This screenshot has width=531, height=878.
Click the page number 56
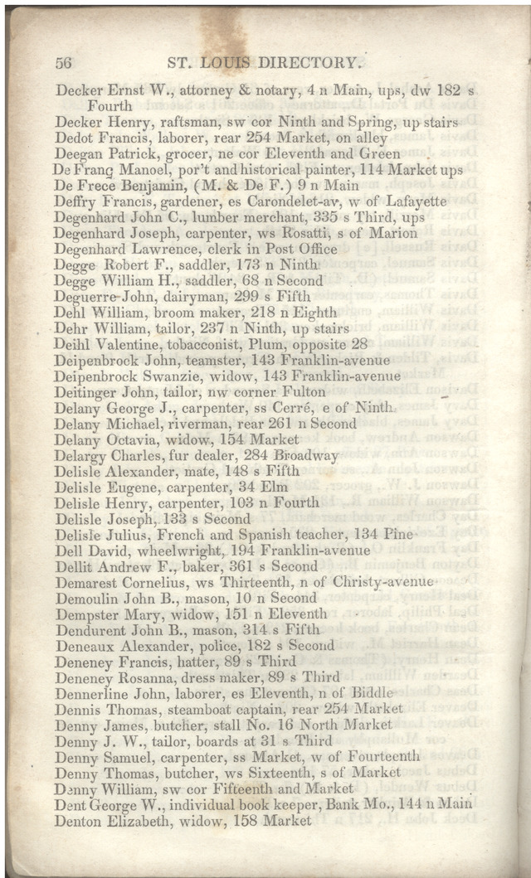[x=64, y=63]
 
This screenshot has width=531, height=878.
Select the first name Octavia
[x=132, y=439]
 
